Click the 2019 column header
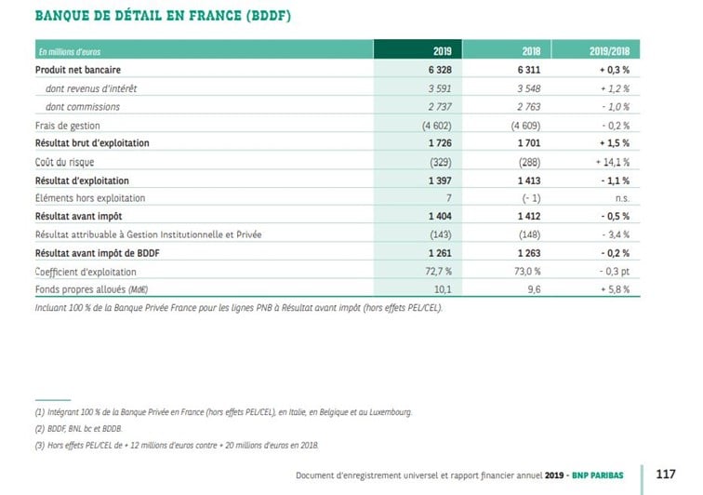442,51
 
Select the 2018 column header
531,51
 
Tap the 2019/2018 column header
609,51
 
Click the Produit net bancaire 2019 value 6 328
440,70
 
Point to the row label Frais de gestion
68,126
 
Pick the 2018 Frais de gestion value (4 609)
525,126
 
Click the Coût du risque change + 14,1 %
613,162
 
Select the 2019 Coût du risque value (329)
441,162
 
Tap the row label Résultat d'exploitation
82,181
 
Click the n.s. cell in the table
622,198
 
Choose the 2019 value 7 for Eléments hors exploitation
449,198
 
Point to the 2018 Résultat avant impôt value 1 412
529,216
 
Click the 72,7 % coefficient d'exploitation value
439,272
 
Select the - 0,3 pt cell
615,272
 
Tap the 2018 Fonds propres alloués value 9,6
534,290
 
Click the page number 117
666,475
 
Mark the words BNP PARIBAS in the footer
598,475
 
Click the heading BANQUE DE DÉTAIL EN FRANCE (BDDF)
164,16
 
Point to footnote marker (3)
40,446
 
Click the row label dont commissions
83,107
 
